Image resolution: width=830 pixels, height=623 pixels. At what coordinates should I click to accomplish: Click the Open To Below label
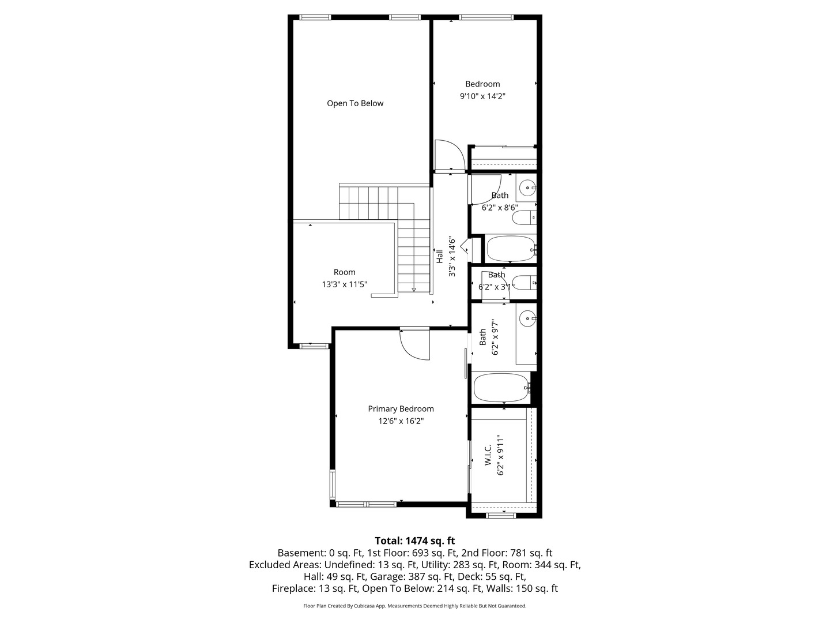355,103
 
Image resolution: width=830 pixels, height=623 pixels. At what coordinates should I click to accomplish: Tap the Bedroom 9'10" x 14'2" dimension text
482,97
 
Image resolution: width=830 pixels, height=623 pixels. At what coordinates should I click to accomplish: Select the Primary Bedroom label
401,408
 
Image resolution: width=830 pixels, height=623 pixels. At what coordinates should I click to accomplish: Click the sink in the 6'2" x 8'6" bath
527,187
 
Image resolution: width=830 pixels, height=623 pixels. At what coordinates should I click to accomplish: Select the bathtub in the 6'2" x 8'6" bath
510,249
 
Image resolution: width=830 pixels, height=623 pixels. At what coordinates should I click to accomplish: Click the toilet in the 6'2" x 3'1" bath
523,283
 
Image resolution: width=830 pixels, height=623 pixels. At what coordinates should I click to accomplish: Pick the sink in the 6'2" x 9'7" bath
527,318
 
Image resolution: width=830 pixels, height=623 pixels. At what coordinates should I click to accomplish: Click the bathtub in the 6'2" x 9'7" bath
501,388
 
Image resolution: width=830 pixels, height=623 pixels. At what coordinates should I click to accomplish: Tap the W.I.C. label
488,455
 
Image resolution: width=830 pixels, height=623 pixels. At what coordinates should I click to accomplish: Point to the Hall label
439,256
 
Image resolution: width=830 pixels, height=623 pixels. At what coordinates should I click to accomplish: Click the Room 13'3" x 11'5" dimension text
345,284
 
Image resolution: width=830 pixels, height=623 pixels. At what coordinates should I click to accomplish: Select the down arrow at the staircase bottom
414,289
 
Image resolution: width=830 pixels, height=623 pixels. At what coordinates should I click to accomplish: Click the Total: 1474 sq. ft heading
414,541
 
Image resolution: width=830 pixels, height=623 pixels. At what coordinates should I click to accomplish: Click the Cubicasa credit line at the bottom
414,606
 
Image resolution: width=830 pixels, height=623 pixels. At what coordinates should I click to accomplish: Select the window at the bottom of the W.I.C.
500,515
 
